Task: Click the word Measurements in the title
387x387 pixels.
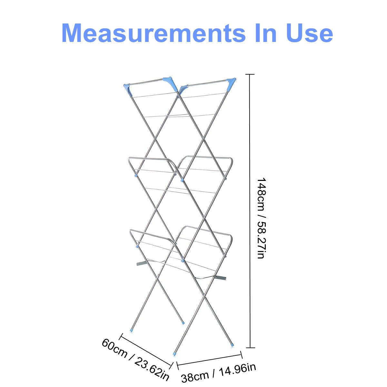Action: click(154, 33)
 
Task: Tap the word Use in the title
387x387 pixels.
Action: click(310, 33)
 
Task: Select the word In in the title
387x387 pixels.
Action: click(266, 33)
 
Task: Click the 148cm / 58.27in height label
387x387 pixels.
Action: click(262, 218)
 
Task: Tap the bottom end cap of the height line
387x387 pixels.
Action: click(250, 348)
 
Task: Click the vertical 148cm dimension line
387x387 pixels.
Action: click(250, 211)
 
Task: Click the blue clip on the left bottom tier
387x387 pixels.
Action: click(137, 246)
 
